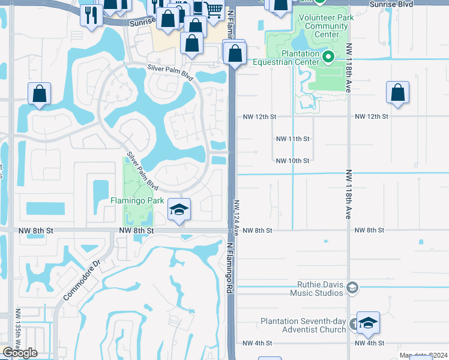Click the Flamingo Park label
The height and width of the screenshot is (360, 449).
pyautogui.click(x=138, y=200)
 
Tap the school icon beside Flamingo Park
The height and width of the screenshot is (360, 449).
pyautogui.click(x=179, y=209)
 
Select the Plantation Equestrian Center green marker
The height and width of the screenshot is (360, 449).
pyautogui.click(x=328, y=58)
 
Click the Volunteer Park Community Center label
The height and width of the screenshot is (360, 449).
pyautogui.click(x=327, y=26)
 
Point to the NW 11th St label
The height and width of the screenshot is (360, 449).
pyautogui.click(x=292, y=139)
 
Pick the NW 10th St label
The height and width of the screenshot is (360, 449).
pyautogui.click(x=292, y=161)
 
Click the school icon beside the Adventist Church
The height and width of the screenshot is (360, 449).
pyautogui.click(x=368, y=323)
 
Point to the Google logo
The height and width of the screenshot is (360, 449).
pyautogui.click(x=20, y=353)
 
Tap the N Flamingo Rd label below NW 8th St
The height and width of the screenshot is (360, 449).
pyautogui.click(x=230, y=268)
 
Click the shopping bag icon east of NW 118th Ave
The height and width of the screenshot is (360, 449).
pyautogui.click(x=397, y=93)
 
